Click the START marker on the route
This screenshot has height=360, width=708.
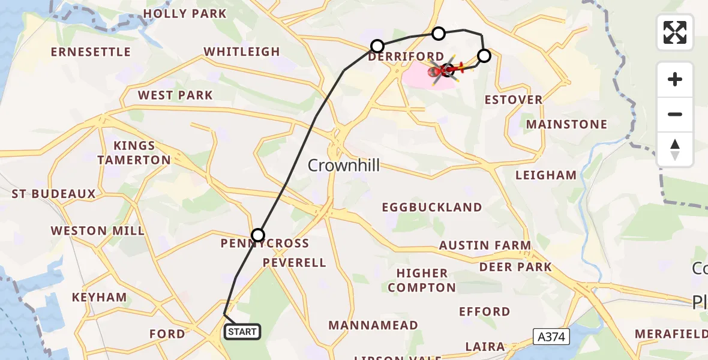pyautogui.click(x=242, y=332)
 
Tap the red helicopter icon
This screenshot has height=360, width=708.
pyautogui.click(x=447, y=70)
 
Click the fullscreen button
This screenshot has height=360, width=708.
pyautogui.click(x=675, y=32)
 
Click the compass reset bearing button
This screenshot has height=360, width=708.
pyautogui.click(x=675, y=149)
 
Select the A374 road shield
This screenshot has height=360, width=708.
pyautogui.click(x=551, y=338)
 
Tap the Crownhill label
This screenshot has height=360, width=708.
pyautogui.click(x=344, y=166)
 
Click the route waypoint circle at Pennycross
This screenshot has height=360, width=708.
pyautogui.click(x=258, y=235)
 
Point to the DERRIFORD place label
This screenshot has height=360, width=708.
pyautogui.click(x=406, y=56)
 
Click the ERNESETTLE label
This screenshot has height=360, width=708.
pyautogui.click(x=91, y=52)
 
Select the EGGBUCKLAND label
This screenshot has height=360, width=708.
pyautogui.click(x=432, y=208)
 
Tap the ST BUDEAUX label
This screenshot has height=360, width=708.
pyautogui.click(x=54, y=194)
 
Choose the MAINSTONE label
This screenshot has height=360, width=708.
pyautogui.click(x=566, y=125)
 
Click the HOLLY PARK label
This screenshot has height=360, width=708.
pyautogui.click(x=185, y=14)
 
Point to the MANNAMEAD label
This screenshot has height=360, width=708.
pyautogui.click(x=373, y=326)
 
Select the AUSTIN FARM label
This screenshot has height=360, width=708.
pyautogui.click(x=485, y=245)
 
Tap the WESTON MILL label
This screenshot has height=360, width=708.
pyautogui.click(x=97, y=231)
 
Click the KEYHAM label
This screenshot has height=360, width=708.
pyautogui.click(x=99, y=298)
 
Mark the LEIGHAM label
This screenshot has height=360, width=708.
pyautogui.click(x=546, y=175)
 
